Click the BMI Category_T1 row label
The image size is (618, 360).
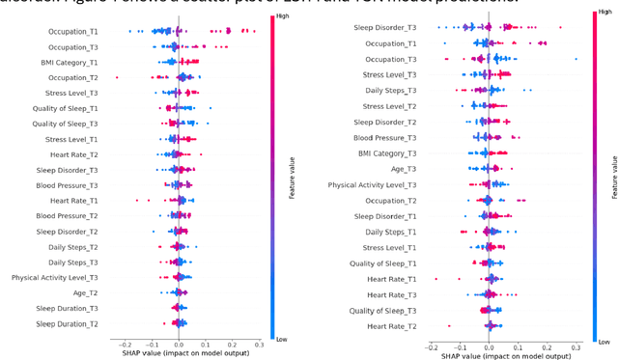point(69,62)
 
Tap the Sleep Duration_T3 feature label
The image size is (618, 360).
point(63,308)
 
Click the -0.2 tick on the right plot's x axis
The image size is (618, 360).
point(430,347)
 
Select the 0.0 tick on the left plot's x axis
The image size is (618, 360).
point(179,343)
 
